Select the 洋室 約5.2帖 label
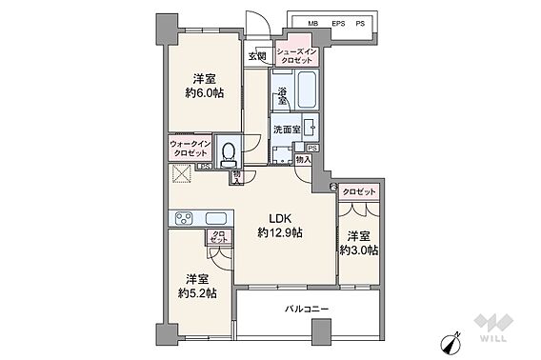196,285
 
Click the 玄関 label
257,56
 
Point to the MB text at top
312,22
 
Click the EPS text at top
337,22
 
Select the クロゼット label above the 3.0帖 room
358,192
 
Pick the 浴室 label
282,95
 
